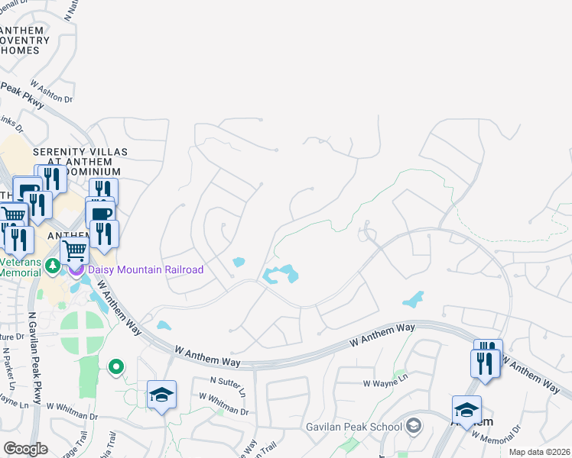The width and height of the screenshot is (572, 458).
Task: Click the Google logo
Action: click(x=25, y=449)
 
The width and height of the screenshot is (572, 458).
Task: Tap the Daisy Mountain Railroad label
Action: click(x=146, y=269)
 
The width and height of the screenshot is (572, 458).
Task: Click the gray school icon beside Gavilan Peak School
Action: click(x=414, y=425)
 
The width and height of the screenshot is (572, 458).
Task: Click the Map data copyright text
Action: click(x=540, y=452)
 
